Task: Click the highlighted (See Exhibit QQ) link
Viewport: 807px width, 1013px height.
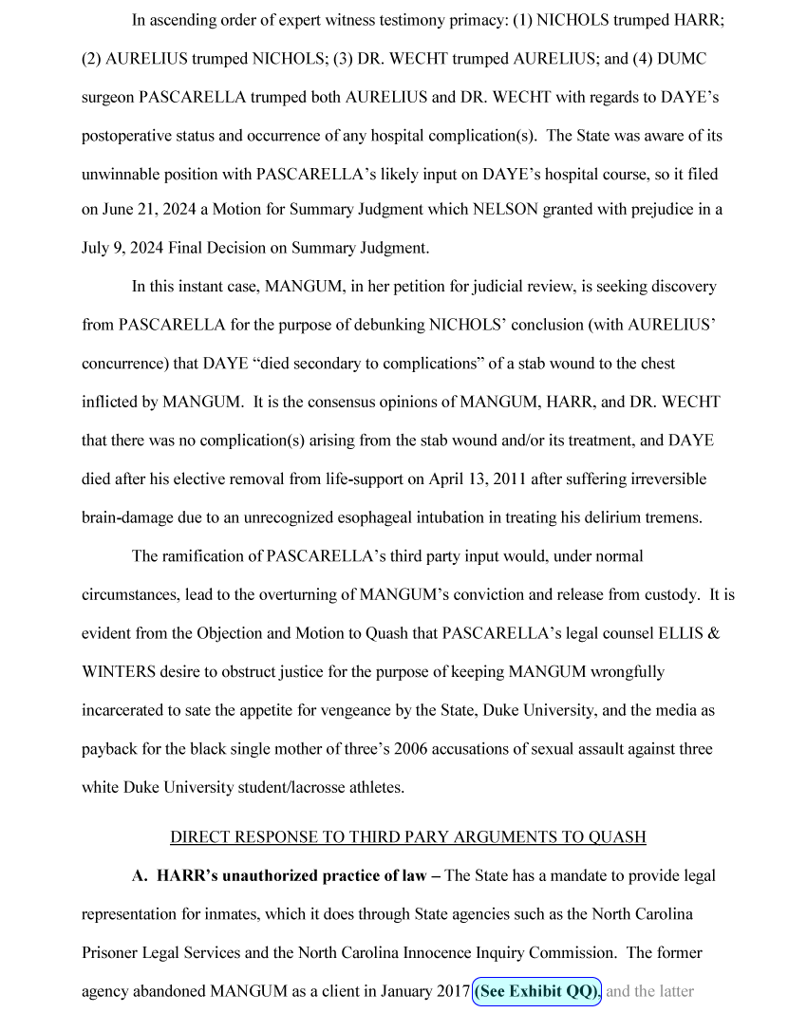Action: point(536,991)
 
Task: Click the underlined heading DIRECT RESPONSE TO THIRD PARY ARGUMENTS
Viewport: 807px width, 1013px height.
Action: point(407,836)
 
